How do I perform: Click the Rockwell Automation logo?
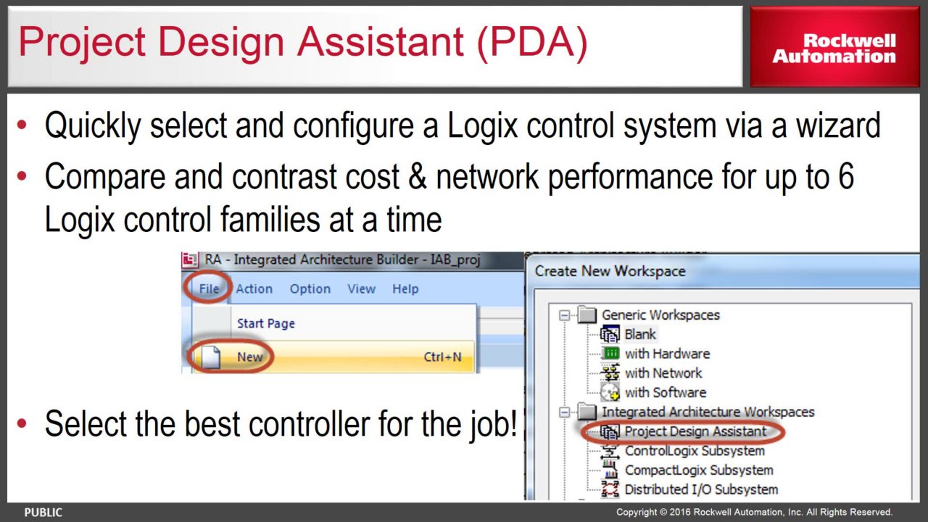coord(834,49)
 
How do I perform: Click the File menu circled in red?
coord(209,289)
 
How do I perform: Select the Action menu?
coord(254,289)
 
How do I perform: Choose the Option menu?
coord(310,289)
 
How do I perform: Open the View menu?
coord(361,289)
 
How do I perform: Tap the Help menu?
coord(405,289)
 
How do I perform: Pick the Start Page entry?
coord(265,323)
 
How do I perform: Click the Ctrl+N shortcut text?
coord(442,357)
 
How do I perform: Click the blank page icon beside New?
coord(210,357)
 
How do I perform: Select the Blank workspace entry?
coord(640,334)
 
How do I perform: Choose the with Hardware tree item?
coord(667,353)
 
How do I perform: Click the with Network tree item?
coord(663,373)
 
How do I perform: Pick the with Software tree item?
coord(666,392)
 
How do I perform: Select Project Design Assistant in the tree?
coord(695,431)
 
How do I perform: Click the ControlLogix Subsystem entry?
coord(695,451)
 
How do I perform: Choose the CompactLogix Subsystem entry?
coord(699,471)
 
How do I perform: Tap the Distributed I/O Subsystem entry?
coord(701,489)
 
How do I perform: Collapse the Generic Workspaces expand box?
coord(564,315)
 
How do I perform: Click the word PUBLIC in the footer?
coord(43,513)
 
